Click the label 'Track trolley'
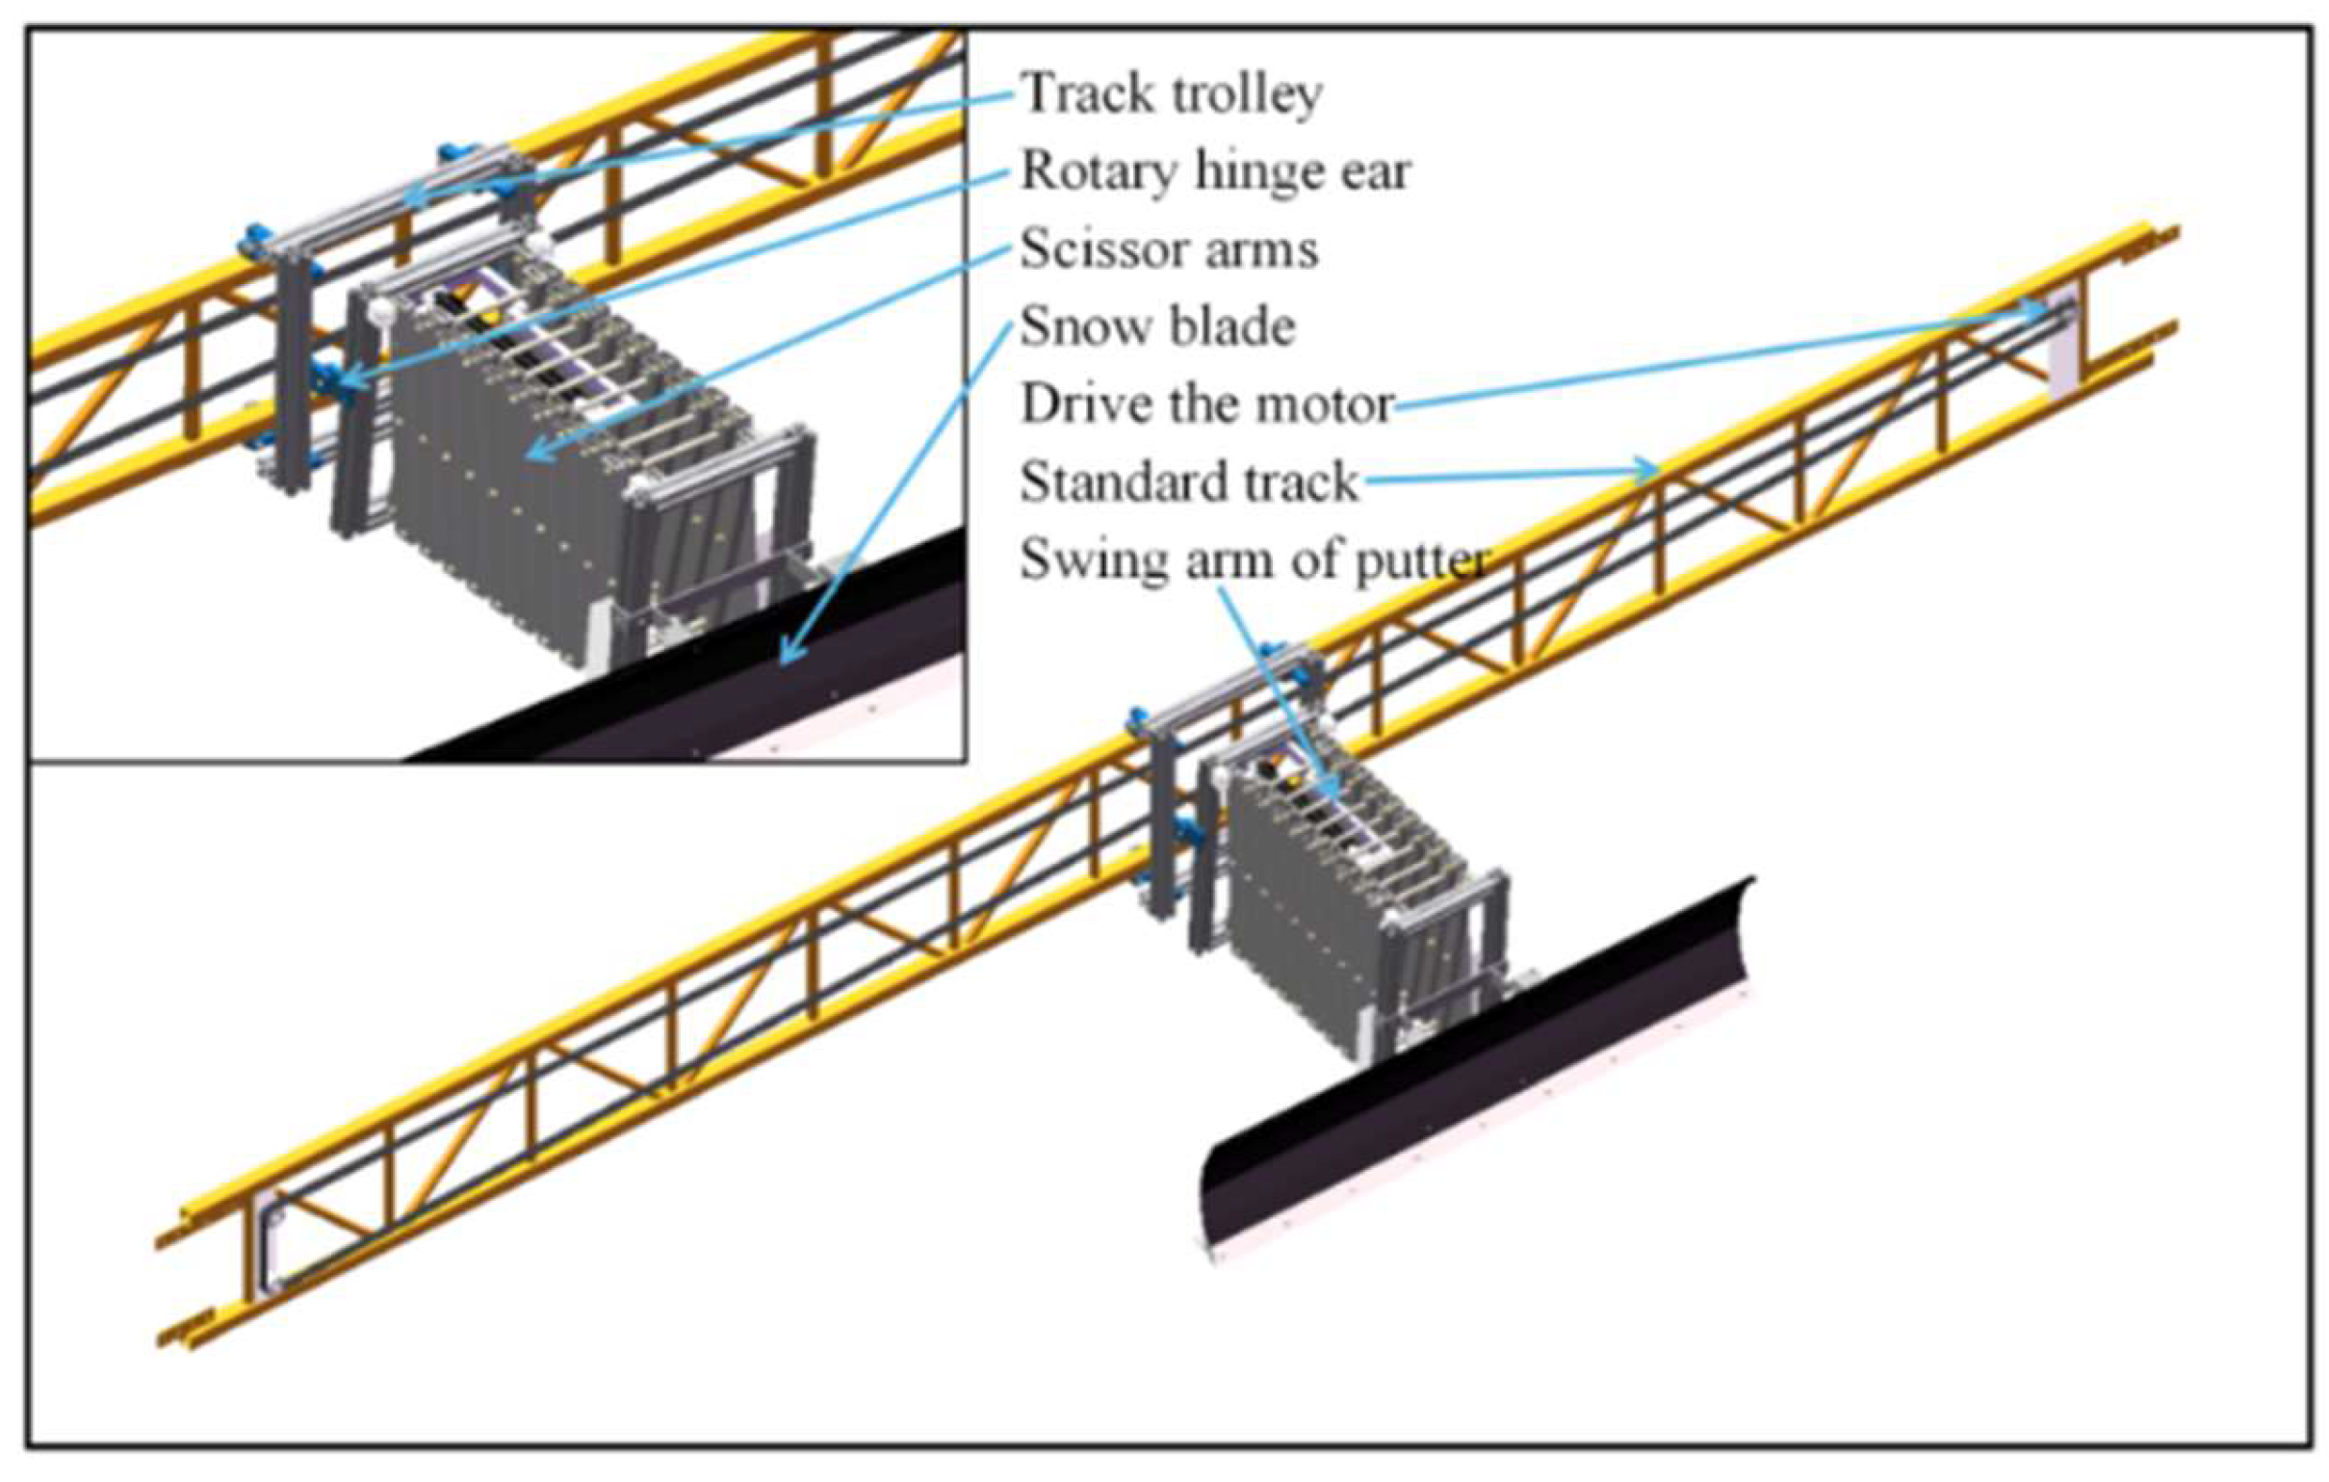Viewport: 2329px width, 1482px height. coord(1172,94)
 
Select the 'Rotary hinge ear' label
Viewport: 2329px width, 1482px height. coord(1216,172)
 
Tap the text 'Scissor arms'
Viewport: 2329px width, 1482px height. coord(1170,249)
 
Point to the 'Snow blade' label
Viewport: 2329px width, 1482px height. coord(1157,327)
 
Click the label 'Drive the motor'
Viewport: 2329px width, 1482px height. coord(1207,404)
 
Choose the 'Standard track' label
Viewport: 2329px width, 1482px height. coord(1190,481)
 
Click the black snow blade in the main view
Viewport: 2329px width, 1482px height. coord(1470,1074)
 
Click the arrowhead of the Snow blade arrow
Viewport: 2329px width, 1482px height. coord(786,660)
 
